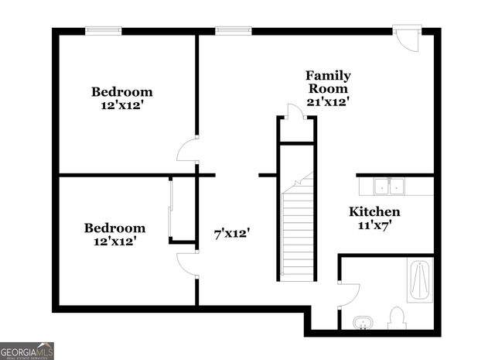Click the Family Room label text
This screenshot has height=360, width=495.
coord(328,82)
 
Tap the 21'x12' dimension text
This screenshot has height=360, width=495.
coord(328,101)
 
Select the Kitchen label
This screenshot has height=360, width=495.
coord(374,211)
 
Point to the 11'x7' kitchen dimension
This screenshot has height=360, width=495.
coord(374,225)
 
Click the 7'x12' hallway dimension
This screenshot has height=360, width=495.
coord(232,232)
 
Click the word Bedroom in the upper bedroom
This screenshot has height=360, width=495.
coord(122,91)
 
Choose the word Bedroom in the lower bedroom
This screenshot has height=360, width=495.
coord(114,228)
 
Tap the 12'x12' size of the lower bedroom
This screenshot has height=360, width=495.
coord(114,242)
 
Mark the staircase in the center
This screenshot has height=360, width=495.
coord(298,232)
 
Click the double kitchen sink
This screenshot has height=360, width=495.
coord(389,187)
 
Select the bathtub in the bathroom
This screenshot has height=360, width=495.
coord(420,280)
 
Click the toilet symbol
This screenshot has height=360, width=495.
coord(397,317)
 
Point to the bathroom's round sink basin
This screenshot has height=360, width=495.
coord(362,321)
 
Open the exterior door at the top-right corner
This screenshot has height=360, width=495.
coord(407,39)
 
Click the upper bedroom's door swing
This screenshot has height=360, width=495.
coord(187,150)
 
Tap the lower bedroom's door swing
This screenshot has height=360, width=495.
coord(187,264)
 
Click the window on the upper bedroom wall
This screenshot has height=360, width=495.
coord(104,31)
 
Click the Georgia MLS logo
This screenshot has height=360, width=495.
coord(27,351)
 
